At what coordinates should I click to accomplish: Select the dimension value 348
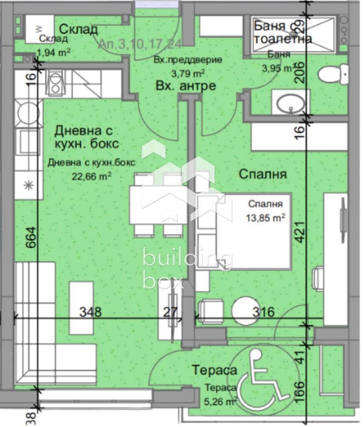pyautogui.click(x=91, y=312)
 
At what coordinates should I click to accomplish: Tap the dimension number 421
pyautogui.click(x=301, y=231)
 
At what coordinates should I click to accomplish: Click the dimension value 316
pyautogui.click(x=263, y=312)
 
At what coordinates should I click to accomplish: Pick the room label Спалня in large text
pyautogui.click(x=262, y=174)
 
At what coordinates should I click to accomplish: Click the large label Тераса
pyautogui.click(x=214, y=371)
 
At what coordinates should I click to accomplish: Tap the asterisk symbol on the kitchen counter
pyautogui.click(x=29, y=184)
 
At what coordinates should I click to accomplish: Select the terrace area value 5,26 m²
pyautogui.click(x=220, y=401)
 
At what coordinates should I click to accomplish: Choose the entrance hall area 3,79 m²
pyautogui.click(x=188, y=72)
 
